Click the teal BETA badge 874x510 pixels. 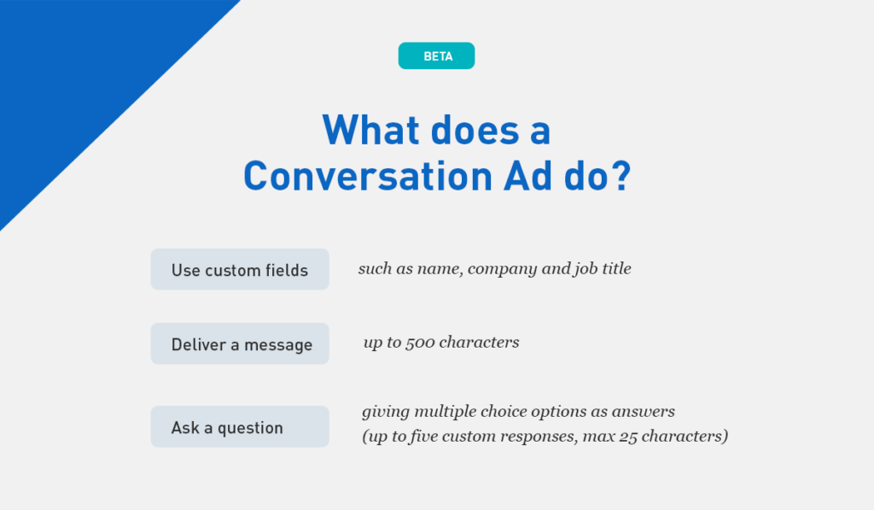[436, 56]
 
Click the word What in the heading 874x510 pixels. [370, 130]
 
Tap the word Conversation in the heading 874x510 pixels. [368, 176]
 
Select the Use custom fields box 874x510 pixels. [240, 269]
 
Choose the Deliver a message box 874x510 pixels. [240, 343]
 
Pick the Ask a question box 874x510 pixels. [240, 426]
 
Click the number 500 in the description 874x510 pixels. [420, 342]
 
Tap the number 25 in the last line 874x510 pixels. [627, 437]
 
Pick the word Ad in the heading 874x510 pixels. [527, 176]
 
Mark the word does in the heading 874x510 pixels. [475, 130]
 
